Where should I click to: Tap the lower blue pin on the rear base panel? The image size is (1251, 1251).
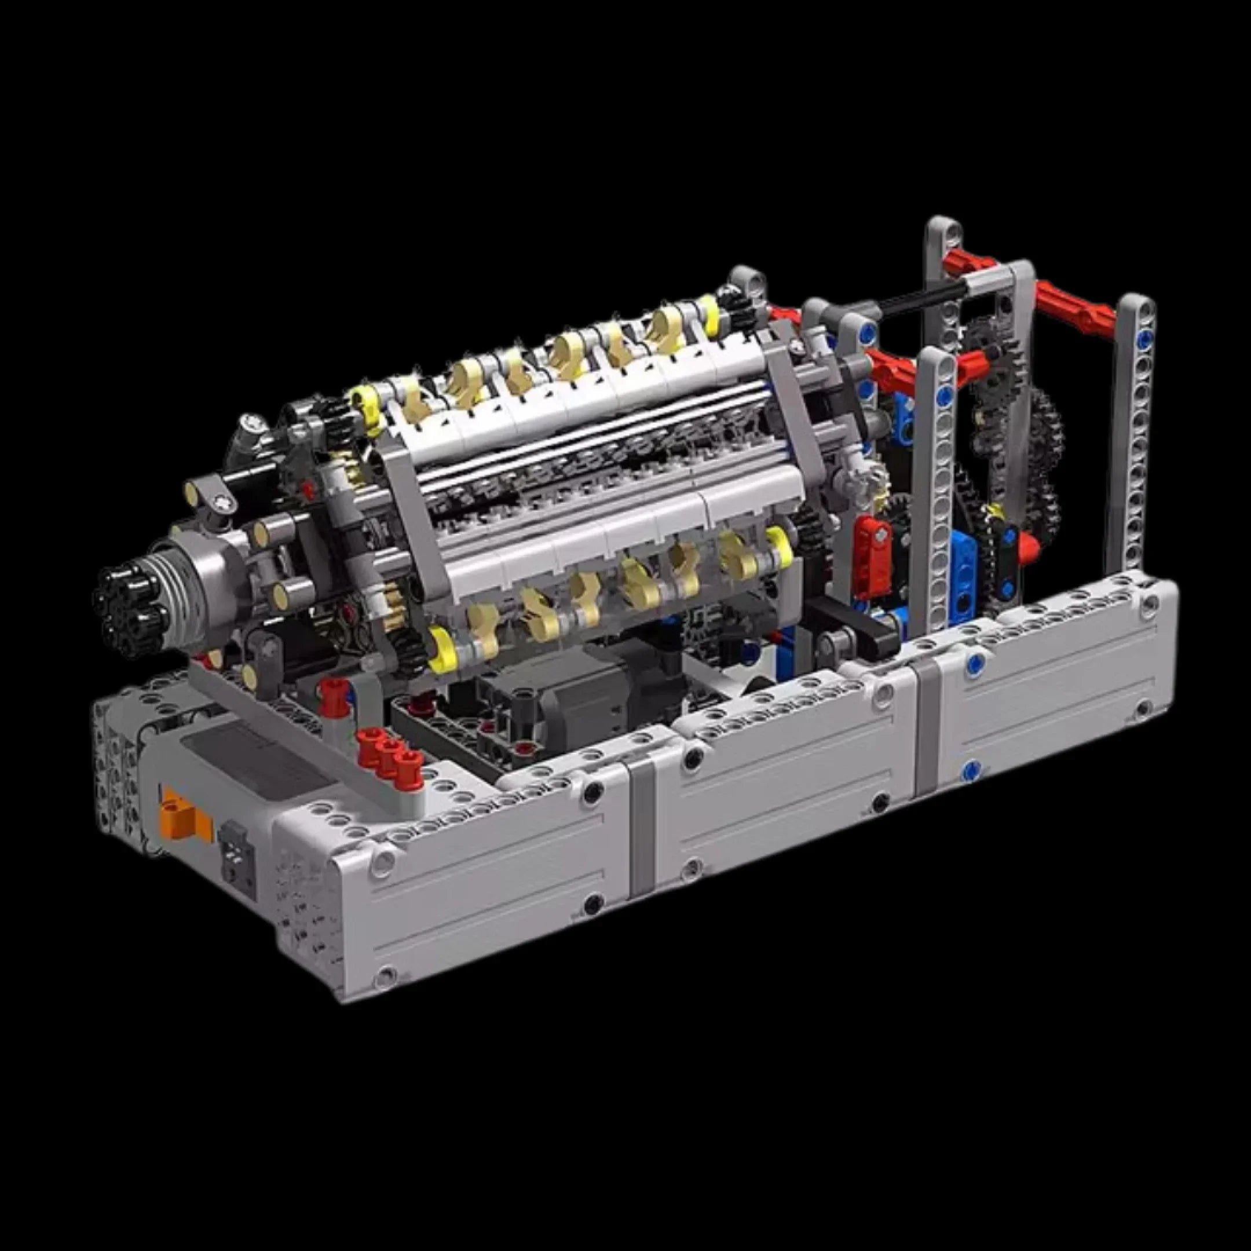970,770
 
